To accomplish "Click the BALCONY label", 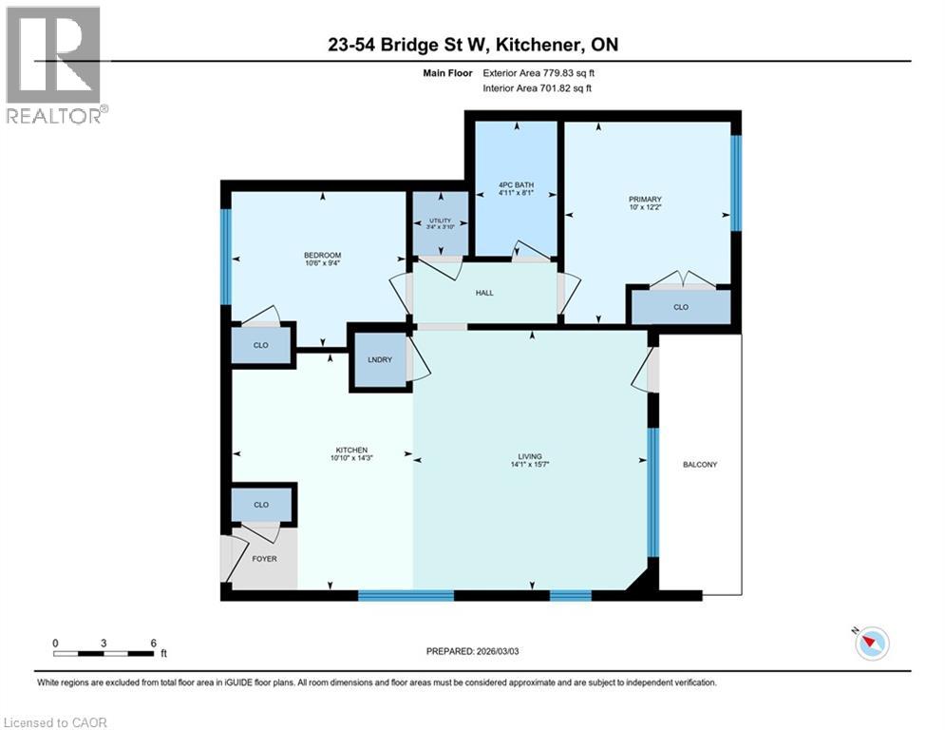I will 699,464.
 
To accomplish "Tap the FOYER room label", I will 264,558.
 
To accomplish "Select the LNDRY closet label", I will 380,359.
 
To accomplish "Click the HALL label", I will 485,294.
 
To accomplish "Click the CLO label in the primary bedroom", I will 680,308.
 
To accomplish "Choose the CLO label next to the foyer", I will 261,505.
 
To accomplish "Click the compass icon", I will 871,644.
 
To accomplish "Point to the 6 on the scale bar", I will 153,643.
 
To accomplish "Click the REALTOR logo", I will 55,65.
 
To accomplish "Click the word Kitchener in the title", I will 523,45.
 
